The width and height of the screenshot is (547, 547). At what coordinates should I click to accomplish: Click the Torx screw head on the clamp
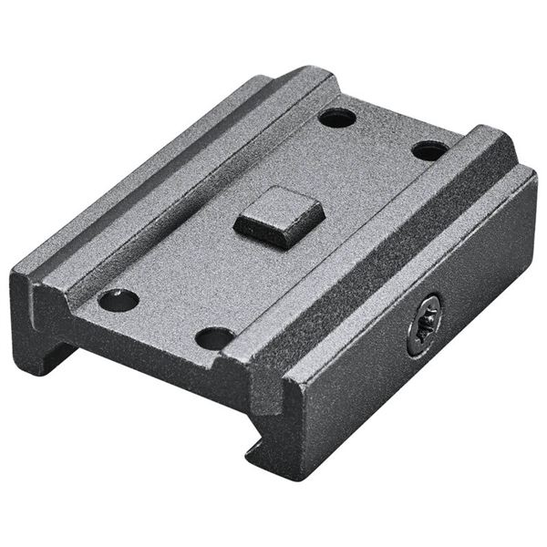click(x=424, y=325)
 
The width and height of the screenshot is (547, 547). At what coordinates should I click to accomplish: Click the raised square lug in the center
click(x=279, y=217)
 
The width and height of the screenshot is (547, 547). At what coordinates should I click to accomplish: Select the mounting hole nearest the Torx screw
click(x=429, y=150)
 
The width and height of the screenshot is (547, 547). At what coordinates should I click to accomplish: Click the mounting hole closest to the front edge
click(x=215, y=338)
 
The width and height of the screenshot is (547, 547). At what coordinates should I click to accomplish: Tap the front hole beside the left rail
click(x=119, y=300)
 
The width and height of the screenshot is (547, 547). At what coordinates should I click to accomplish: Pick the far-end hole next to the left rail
click(x=336, y=117)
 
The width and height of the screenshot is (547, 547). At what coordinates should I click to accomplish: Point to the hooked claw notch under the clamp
click(x=260, y=447)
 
